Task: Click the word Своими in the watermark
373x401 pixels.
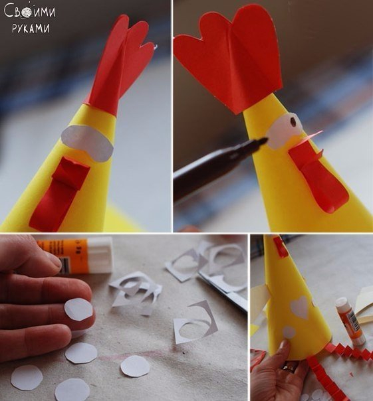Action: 29,11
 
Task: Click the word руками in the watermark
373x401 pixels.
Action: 31,28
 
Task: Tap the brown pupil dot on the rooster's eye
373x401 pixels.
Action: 293,123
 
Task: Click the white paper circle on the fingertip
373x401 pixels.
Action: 78,309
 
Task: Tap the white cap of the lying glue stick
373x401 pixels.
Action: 100,255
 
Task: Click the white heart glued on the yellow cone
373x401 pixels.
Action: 299,307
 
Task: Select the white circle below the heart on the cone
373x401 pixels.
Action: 289,332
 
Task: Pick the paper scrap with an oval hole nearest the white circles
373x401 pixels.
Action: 195,323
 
